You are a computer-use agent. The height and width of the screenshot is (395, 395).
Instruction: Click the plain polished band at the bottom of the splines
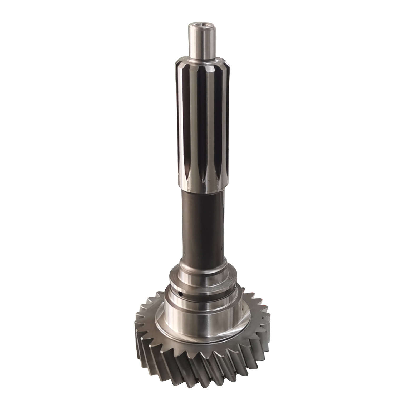203,186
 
